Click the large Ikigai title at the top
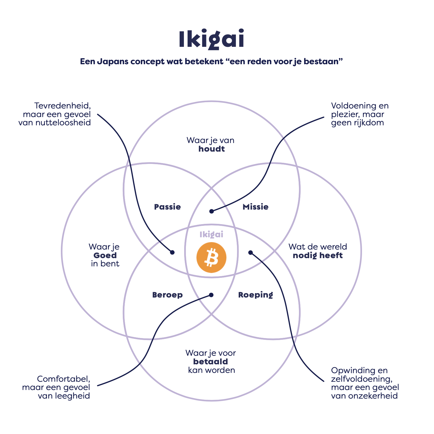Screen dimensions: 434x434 tap(211, 39)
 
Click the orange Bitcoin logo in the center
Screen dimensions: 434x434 tap(211, 258)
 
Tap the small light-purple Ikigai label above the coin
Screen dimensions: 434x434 tap(211, 235)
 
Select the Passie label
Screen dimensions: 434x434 tap(167, 207)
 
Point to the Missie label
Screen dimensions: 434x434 tap(256, 207)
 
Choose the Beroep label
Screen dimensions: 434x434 tap(167, 295)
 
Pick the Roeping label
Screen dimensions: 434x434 tap(256, 295)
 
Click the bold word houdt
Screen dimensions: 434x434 tap(212, 149)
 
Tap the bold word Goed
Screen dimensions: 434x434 tap(105, 256)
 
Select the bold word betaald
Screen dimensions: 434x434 tap(211, 362)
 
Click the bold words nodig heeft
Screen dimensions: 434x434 tap(318, 256)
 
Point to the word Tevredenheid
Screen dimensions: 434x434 tap(63, 106)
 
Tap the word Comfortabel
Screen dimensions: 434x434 tap(64, 379)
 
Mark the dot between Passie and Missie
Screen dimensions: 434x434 tap(212, 211)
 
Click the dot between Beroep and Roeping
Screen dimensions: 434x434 tap(211, 295)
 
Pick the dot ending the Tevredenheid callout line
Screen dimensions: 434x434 tap(172, 252)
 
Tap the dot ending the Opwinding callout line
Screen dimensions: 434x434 tap(250, 252)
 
